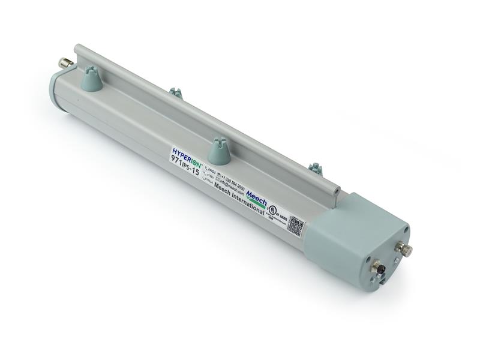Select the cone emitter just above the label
(x=219, y=152)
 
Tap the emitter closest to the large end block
(x=316, y=170)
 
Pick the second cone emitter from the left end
(x=175, y=92)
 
